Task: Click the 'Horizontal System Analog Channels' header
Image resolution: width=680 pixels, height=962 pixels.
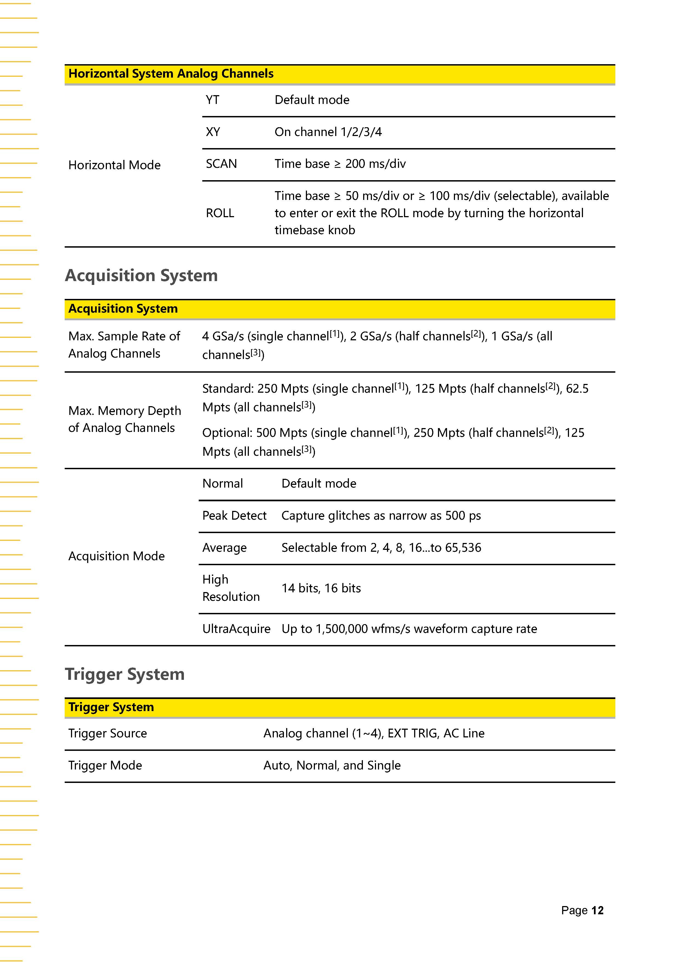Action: pos(171,74)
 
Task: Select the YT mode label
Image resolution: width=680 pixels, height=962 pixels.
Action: pos(212,100)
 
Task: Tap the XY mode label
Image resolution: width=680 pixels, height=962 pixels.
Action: pos(213,132)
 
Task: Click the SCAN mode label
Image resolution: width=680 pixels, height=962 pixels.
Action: pos(221,164)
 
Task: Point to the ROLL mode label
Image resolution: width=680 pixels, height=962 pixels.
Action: pos(220,213)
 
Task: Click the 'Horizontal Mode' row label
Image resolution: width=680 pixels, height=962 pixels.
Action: pos(114,165)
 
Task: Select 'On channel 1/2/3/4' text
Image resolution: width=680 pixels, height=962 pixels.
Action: pos(328,132)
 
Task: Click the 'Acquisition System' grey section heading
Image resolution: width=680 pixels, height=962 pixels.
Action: pos(141,276)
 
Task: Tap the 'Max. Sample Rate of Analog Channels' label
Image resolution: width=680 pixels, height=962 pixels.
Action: pos(124,345)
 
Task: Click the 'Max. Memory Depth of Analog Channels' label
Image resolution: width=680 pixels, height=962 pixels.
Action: pos(124,419)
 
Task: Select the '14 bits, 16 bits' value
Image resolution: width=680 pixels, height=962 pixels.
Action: pos(321,588)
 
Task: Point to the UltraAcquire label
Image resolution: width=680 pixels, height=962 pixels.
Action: pos(236,629)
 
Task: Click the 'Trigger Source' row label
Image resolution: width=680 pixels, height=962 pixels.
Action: pos(108,733)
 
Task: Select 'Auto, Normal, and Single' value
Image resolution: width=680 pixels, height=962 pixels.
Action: pos(332,765)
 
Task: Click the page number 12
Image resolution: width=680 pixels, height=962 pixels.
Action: pos(598,910)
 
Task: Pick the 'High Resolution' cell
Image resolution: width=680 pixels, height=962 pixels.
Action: pos(231,588)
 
